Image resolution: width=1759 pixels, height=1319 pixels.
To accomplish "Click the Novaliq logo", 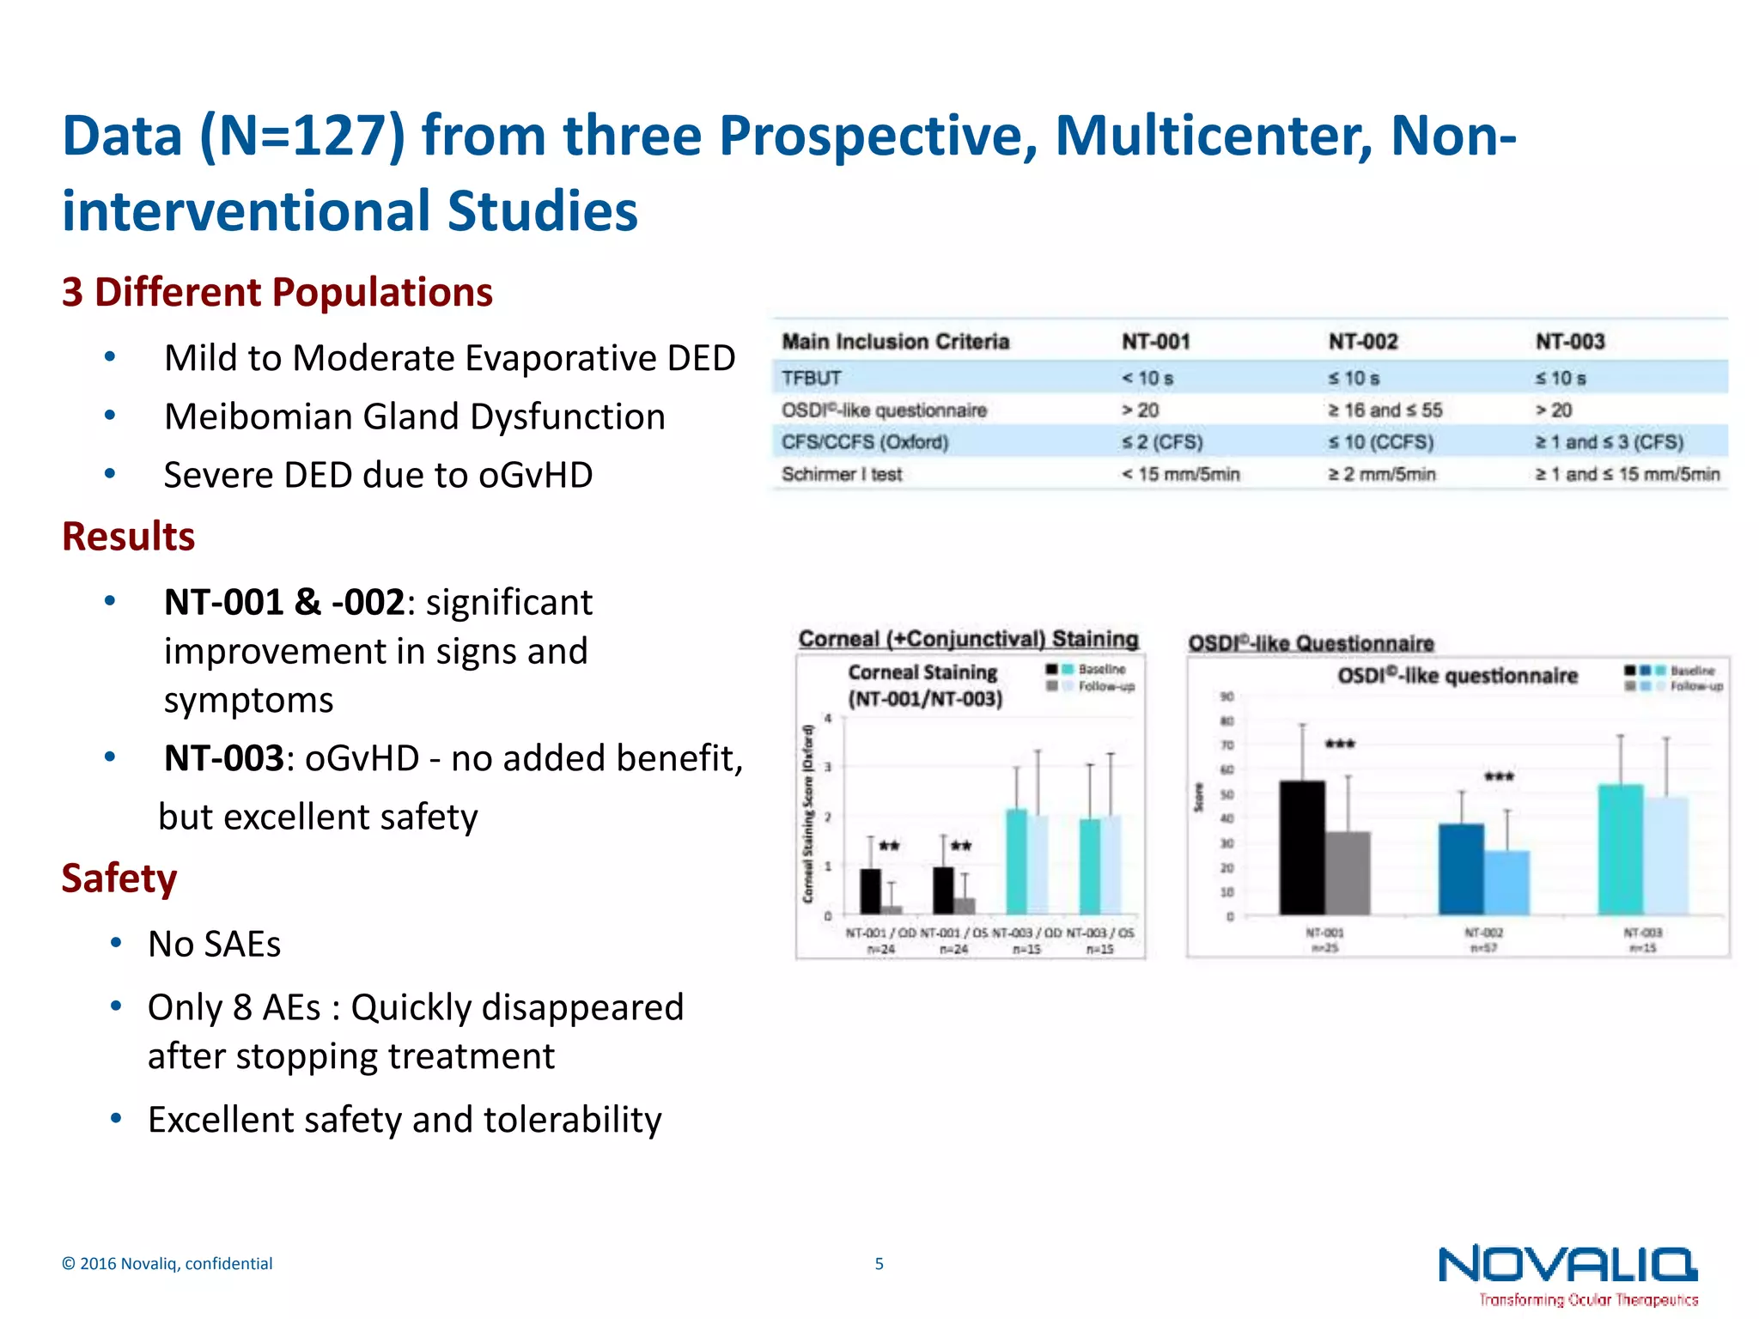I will coord(1567,1273).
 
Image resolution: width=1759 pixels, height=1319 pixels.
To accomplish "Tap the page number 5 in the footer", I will coord(879,1263).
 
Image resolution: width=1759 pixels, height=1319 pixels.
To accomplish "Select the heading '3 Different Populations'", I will coord(277,292).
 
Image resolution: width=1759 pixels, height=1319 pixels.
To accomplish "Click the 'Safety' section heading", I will coord(119,878).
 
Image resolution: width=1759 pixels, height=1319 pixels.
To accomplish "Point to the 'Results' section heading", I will coord(129,537).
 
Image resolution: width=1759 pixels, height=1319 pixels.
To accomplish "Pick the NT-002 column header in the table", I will coord(1363,342).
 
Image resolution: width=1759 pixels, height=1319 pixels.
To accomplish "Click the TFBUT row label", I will coord(812,378).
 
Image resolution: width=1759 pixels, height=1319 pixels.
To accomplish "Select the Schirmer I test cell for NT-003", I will coord(1628,474).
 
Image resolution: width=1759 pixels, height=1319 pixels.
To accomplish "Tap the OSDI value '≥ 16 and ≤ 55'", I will coord(1385,410).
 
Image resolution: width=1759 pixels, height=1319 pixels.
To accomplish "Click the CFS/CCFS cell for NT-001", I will coord(1162,442).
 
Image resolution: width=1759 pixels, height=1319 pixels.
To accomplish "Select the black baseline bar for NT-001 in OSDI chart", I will coord(1301,848).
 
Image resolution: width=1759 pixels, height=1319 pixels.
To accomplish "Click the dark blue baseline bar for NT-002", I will coord(1461,869).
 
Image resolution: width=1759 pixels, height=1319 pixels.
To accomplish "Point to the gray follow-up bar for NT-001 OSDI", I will coord(1348,872).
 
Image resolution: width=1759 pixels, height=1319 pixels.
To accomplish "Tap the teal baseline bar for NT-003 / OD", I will coord(1016,861).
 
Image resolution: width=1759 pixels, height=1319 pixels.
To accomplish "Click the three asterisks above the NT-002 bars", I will coord(1500,777).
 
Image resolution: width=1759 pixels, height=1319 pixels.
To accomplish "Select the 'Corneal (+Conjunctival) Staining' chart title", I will coord(968,639).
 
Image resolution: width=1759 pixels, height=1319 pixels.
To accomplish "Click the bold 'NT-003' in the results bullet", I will coord(223,758).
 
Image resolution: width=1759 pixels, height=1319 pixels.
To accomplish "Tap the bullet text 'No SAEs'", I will coord(214,944).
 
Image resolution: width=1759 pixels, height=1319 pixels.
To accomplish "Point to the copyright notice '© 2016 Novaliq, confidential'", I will coord(167,1263).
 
